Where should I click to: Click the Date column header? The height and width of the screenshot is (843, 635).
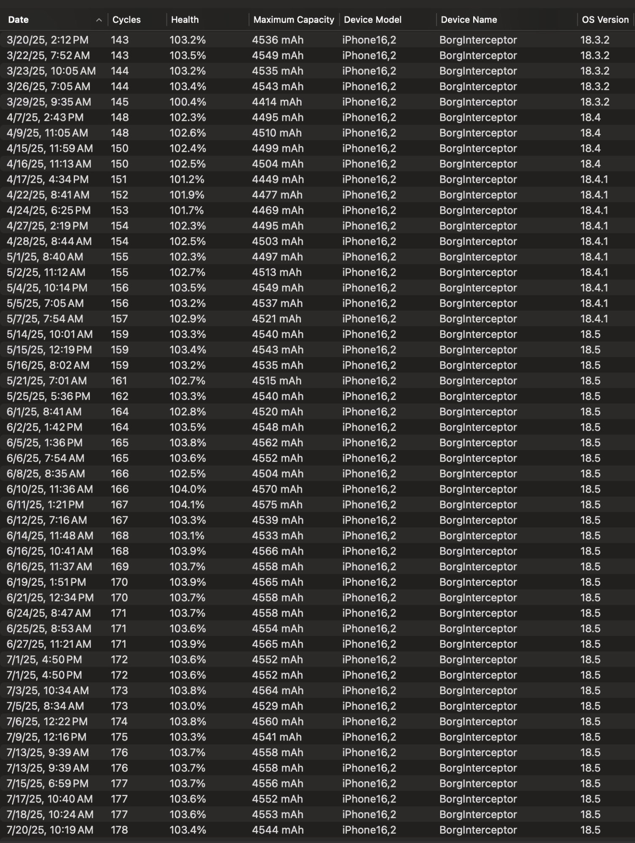[x=19, y=20]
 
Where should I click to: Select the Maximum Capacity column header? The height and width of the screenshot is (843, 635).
[x=293, y=20]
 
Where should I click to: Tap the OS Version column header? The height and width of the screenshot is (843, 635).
[x=605, y=20]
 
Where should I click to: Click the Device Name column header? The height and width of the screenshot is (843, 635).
[x=469, y=20]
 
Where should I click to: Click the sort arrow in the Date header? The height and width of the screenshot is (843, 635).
[x=99, y=20]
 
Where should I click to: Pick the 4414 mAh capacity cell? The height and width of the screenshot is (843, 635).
[x=277, y=102]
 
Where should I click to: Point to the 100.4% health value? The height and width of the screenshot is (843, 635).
[x=188, y=102]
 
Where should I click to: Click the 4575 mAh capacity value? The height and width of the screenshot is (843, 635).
[x=277, y=505]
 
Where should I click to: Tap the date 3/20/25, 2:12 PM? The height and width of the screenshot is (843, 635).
[x=48, y=40]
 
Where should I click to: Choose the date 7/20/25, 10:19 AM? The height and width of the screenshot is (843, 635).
[x=50, y=830]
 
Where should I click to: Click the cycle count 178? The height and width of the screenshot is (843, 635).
[x=119, y=830]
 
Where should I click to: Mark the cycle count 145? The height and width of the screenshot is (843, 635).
[x=120, y=102]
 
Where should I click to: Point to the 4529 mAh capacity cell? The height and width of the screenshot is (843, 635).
[x=277, y=706]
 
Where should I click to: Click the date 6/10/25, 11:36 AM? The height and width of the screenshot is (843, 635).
[x=50, y=489]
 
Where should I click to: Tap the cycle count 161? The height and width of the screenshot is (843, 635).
[x=119, y=381]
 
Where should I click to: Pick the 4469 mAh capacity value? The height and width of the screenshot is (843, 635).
[x=277, y=210]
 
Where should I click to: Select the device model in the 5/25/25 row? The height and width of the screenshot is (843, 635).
[x=369, y=396]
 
